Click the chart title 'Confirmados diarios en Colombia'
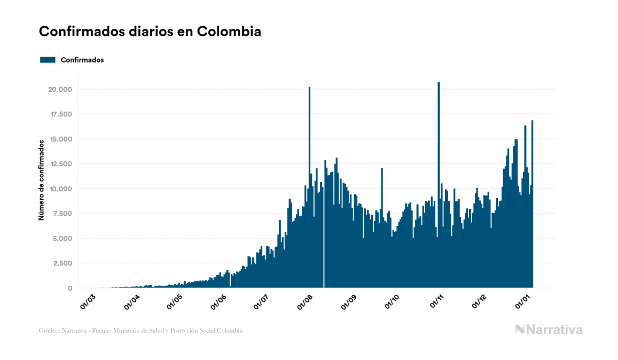[x=150, y=32]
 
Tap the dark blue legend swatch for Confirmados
[x=48, y=60]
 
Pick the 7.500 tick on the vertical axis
[x=61, y=214]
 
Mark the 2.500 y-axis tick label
[x=61, y=263]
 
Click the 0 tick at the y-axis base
[x=71, y=288]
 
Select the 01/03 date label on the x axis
[x=88, y=301]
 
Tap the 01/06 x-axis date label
[x=219, y=301]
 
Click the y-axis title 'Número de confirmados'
[x=41, y=181]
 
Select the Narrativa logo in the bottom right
[x=549, y=330]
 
